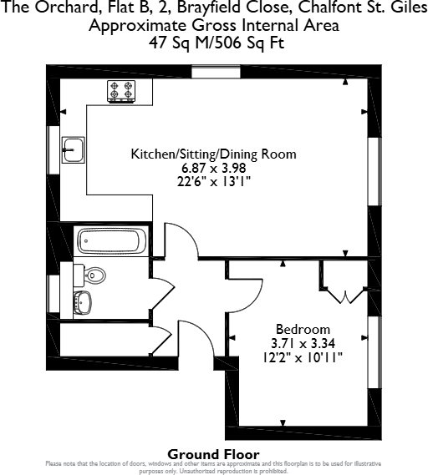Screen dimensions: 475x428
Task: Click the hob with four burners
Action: [121, 91]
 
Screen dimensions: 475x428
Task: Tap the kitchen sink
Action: [73, 150]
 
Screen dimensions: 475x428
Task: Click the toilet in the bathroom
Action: [94, 274]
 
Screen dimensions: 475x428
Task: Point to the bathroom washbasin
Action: [83, 301]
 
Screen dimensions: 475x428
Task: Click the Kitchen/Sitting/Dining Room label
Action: [213, 154]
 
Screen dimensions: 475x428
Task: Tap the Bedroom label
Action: [303, 329]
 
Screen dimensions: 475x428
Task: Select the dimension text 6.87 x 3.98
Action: [213, 167]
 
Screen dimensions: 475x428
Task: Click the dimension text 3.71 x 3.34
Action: [303, 342]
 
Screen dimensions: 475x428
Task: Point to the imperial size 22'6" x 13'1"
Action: [213, 180]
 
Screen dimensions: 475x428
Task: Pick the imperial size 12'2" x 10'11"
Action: [303, 356]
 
